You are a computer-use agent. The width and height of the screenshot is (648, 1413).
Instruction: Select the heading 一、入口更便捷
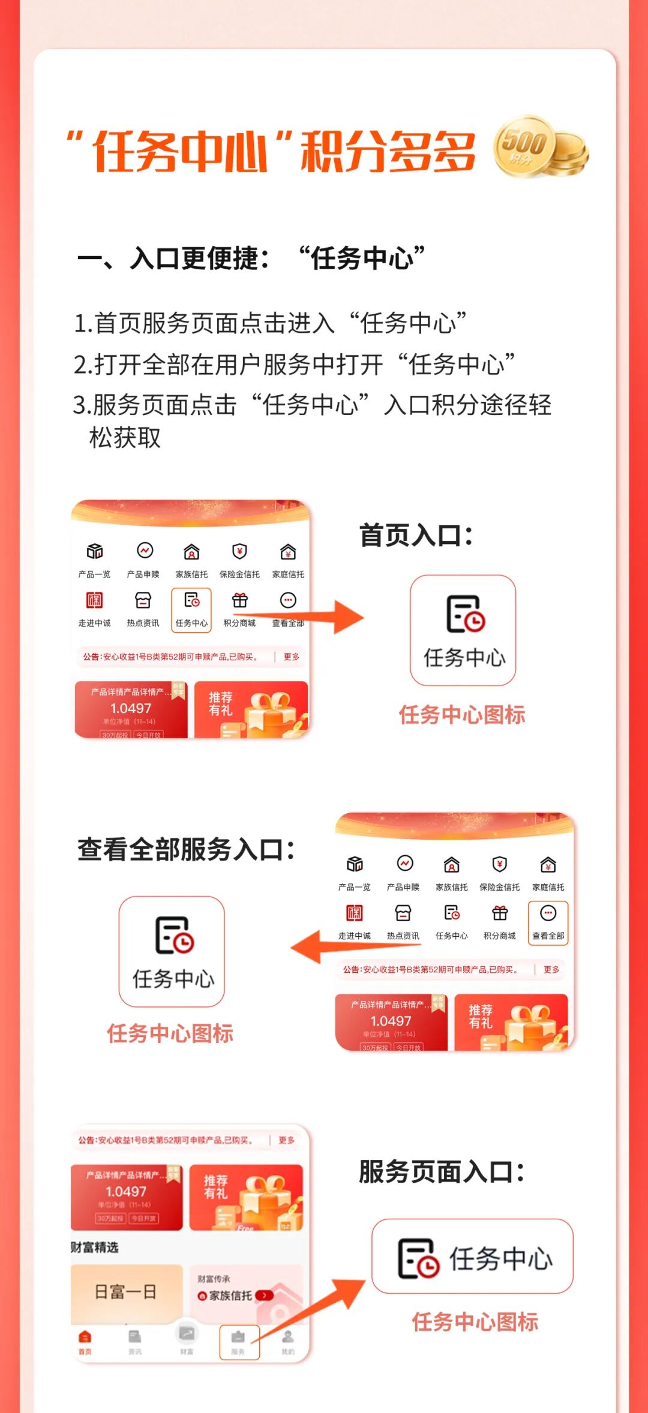[x=173, y=258]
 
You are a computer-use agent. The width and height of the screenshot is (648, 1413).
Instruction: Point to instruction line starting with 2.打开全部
[x=294, y=364]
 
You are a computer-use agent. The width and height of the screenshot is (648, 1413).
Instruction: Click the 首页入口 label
[x=416, y=536]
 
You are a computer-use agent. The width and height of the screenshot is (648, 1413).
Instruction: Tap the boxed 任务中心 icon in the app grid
[x=191, y=609]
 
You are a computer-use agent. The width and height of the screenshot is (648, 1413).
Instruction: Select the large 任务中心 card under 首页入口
[x=463, y=630]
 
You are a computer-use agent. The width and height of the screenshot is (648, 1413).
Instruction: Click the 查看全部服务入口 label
[x=186, y=850]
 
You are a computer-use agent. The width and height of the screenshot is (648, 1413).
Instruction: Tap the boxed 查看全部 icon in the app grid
[x=548, y=922]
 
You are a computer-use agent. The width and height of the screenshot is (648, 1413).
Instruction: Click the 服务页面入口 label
[x=442, y=1172]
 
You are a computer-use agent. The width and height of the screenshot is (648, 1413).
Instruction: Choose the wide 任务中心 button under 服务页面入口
[x=473, y=1256]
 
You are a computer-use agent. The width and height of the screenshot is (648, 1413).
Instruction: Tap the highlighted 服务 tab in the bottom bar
[x=239, y=1342]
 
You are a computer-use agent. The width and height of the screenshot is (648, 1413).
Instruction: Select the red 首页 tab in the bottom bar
[x=85, y=1342]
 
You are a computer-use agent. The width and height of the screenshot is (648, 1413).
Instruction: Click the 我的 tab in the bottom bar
[x=288, y=1342]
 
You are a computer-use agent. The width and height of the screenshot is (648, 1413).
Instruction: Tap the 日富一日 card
[x=127, y=1291]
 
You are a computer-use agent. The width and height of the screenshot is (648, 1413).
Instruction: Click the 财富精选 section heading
[x=95, y=1247]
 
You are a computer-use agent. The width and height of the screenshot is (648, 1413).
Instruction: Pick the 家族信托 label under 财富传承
[x=230, y=1296]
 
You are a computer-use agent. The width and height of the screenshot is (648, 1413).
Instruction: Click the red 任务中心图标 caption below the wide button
[x=475, y=1322]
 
